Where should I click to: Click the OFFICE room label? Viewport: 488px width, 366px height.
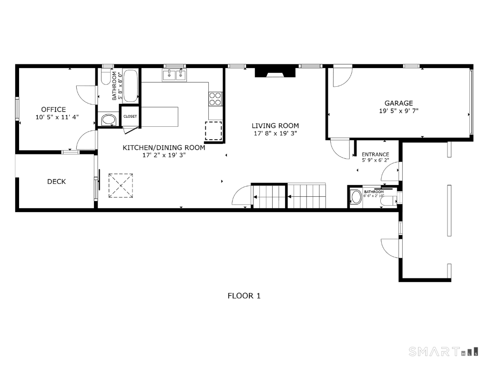click(53, 109)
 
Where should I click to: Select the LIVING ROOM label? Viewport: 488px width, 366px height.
click(275, 126)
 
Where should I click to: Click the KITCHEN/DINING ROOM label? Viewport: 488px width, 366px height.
click(164, 148)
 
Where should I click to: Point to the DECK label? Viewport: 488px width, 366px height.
click(56, 182)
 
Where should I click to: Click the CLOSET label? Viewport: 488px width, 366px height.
click(130, 116)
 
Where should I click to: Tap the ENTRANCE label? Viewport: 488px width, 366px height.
click(375, 154)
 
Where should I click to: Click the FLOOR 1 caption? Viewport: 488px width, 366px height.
click(244, 295)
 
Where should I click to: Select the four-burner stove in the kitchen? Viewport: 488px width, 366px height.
click(215, 99)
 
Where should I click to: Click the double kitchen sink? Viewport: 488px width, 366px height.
click(174, 75)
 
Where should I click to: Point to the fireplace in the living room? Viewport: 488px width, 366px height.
click(275, 72)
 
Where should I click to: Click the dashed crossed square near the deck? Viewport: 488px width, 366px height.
click(121, 185)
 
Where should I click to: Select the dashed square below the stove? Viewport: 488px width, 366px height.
click(213, 131)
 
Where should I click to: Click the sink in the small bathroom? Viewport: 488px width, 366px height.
click(356, 197)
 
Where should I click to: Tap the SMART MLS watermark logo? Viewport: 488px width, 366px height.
click(443, 352)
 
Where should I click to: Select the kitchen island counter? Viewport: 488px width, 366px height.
click(160, 117)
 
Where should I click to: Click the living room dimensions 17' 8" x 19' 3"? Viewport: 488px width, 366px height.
click(275, 133)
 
